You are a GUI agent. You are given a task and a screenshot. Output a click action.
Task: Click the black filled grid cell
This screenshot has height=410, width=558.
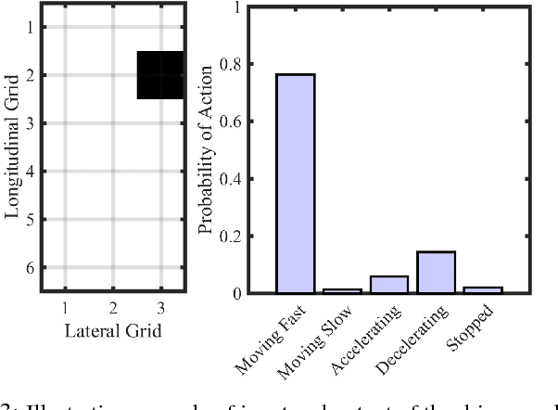tap(159, 75)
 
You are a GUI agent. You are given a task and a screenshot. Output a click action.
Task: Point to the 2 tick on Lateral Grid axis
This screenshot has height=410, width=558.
tap(112, 305)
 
